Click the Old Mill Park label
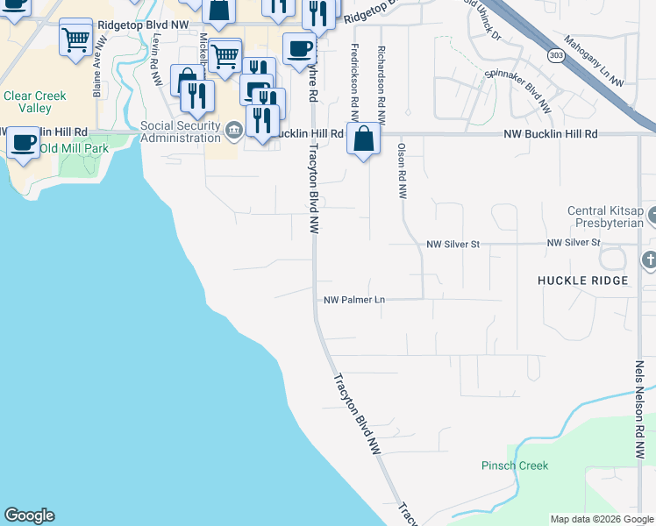pyautogui.click(x=74, y=148)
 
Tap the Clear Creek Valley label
pyautogui.click(x=27, y=102)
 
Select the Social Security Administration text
pyautogui.click(x=181, y=131)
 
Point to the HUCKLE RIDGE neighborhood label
pyautogui.click(x=582, y=281)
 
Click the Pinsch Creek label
pyautogui.click(x=515, y=466)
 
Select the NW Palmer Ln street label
pyautogui.click(x=354, y=300)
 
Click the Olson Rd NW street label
pyautogui.click(x=402, y=172)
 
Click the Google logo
pyautogui.click(x=29, y=515)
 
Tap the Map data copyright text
pyautogui.click(x=601, y=519)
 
